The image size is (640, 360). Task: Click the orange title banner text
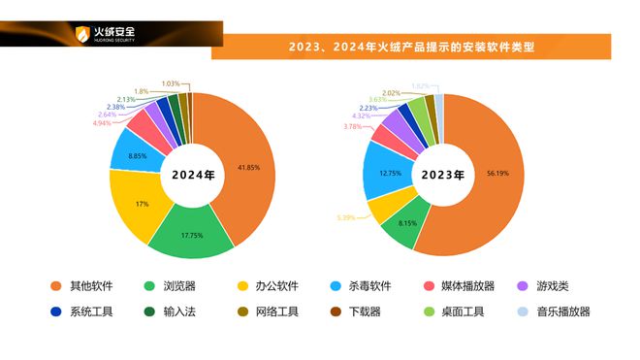pyautogui.click(x=411, y=47)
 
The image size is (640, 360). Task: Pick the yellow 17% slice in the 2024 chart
pyautogui.click(x=142, y=205)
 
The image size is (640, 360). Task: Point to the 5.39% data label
pyautogui.click(x=346, y=217)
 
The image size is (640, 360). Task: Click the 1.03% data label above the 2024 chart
pyautogui.click(x=172, y=83)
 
